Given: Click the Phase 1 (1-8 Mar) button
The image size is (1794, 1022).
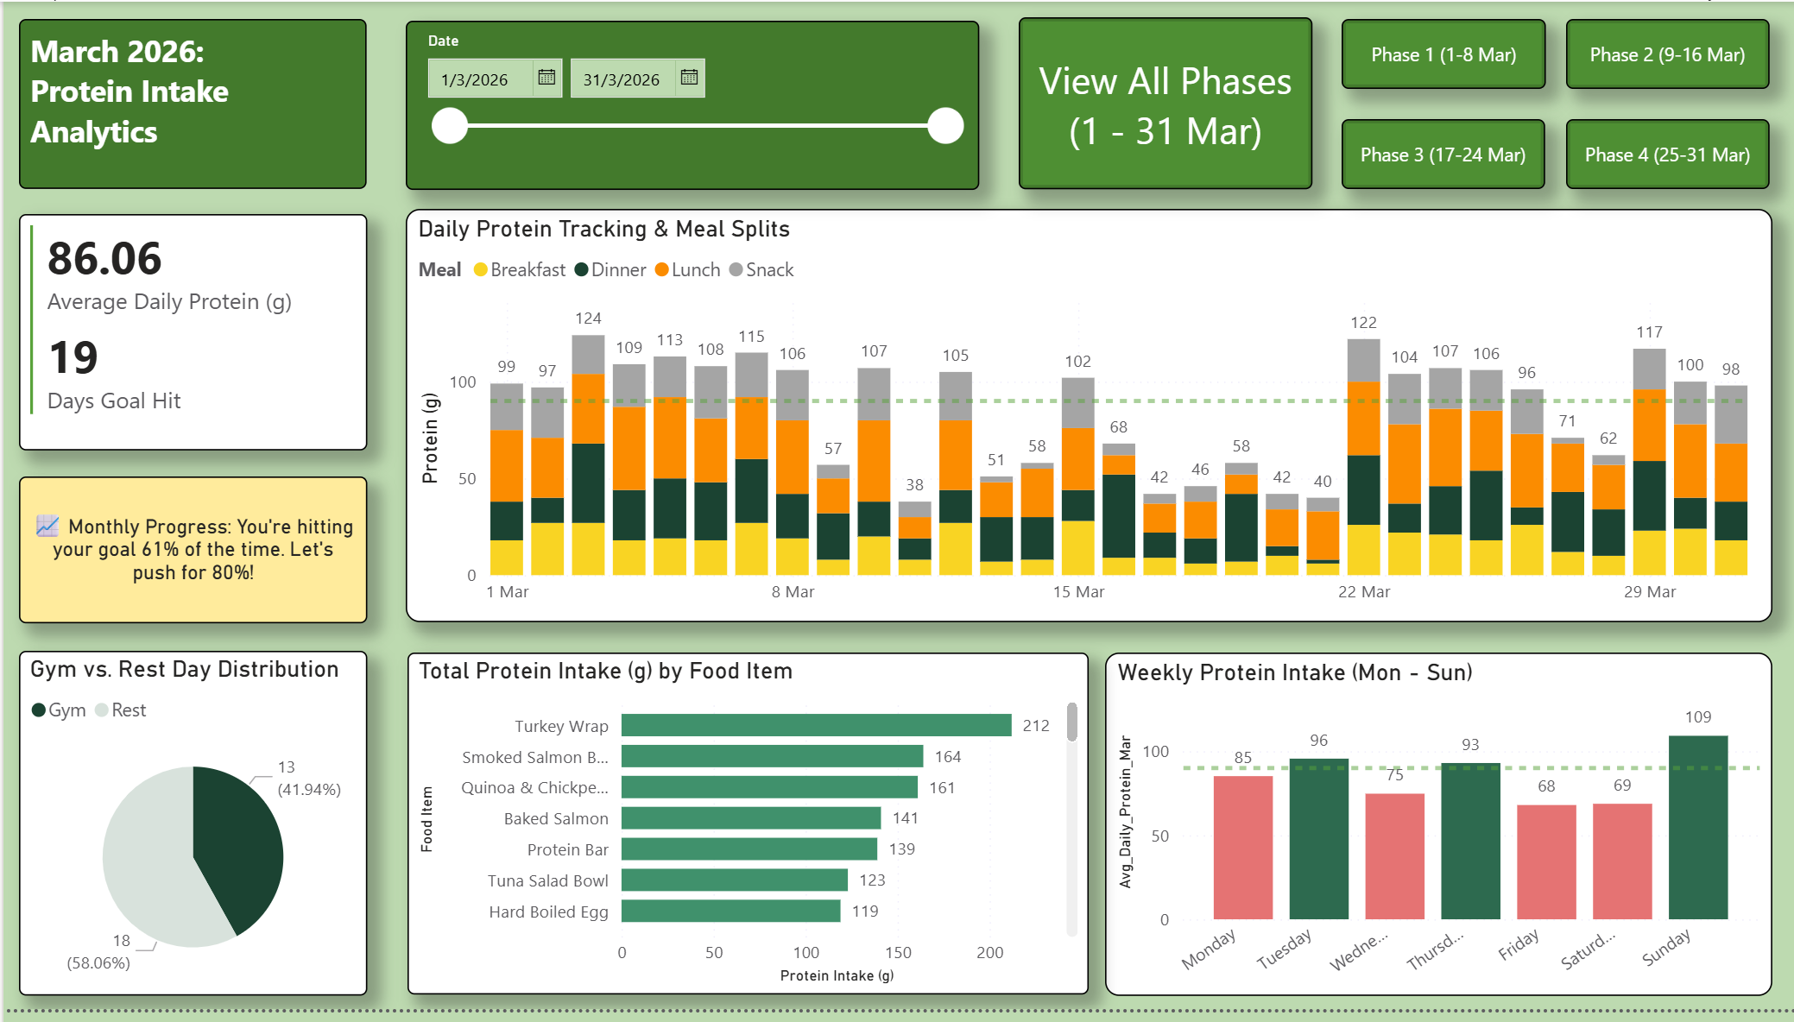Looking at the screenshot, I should point(1443,54).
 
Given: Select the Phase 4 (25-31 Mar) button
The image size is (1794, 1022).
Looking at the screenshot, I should point(1666,155).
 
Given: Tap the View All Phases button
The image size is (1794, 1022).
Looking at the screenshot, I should point(1165,104).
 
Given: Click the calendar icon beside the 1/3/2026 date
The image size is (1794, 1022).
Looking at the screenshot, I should point(546,78).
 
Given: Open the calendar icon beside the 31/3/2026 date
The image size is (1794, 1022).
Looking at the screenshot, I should point(689,78).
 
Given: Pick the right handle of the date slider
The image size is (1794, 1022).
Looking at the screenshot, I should point(945,126).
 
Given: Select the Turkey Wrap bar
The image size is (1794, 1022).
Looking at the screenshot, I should point(816,725).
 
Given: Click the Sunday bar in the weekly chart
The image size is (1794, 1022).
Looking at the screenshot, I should point(1697,827).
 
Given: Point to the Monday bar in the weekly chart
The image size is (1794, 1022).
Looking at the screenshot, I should point(1242,847).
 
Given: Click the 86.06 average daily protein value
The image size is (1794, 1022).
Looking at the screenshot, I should point(104,259).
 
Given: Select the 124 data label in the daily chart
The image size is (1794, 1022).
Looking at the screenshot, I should point(588,319).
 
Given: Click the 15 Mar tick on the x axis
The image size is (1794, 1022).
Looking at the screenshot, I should point(1078,592).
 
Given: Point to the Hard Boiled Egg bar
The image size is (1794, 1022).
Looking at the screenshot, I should point(730,911).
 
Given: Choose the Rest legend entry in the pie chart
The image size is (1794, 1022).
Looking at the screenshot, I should point(121,710).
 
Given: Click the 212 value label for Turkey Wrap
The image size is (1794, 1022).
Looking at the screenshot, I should point(1035,726).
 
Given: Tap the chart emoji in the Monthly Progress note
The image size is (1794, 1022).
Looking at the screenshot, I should point(47,526).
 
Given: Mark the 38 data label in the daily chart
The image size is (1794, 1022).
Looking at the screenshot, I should point(914,485).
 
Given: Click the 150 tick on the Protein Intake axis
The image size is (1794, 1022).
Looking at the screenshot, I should point(898,953).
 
